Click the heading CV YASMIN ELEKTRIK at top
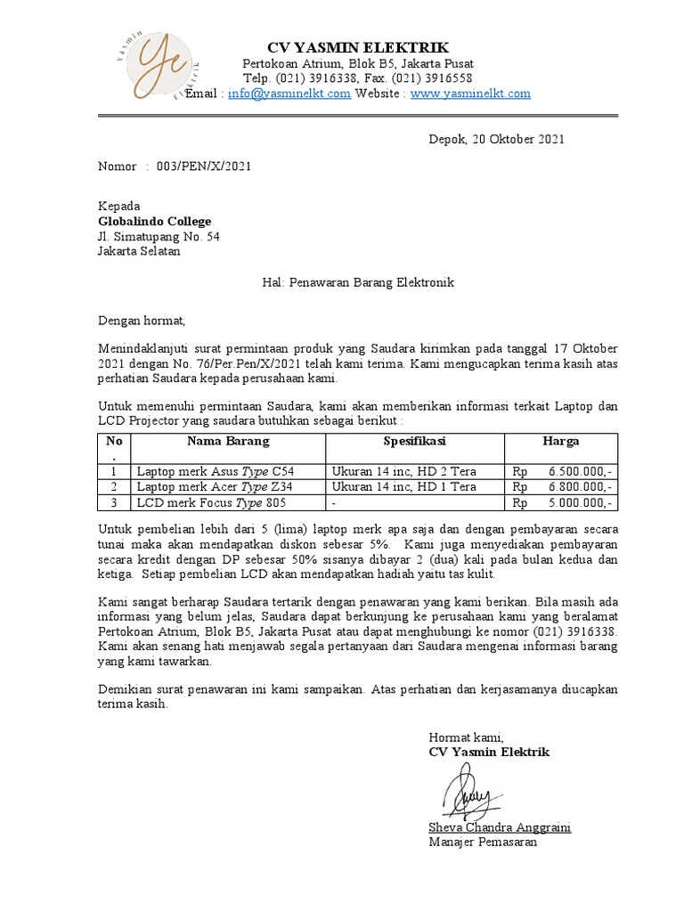(x=359, y=47)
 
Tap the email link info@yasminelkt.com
(x=289, y=94)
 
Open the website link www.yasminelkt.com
(x=470, y=94)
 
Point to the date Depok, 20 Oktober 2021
(x=496, y=139)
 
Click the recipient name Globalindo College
(x=155, y=222)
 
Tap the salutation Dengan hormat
(x=141, y=320)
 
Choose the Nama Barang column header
(x=227, y=441)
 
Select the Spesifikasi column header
(x=414, y=441)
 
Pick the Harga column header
(x=561, y=441)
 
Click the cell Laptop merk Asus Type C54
(x=214, y=471)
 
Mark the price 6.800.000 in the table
(x=579, y=487)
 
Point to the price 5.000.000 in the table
(x=579, y=503)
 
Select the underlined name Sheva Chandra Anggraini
(x=500, y=827)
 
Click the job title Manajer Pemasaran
(x=483, y=842)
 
